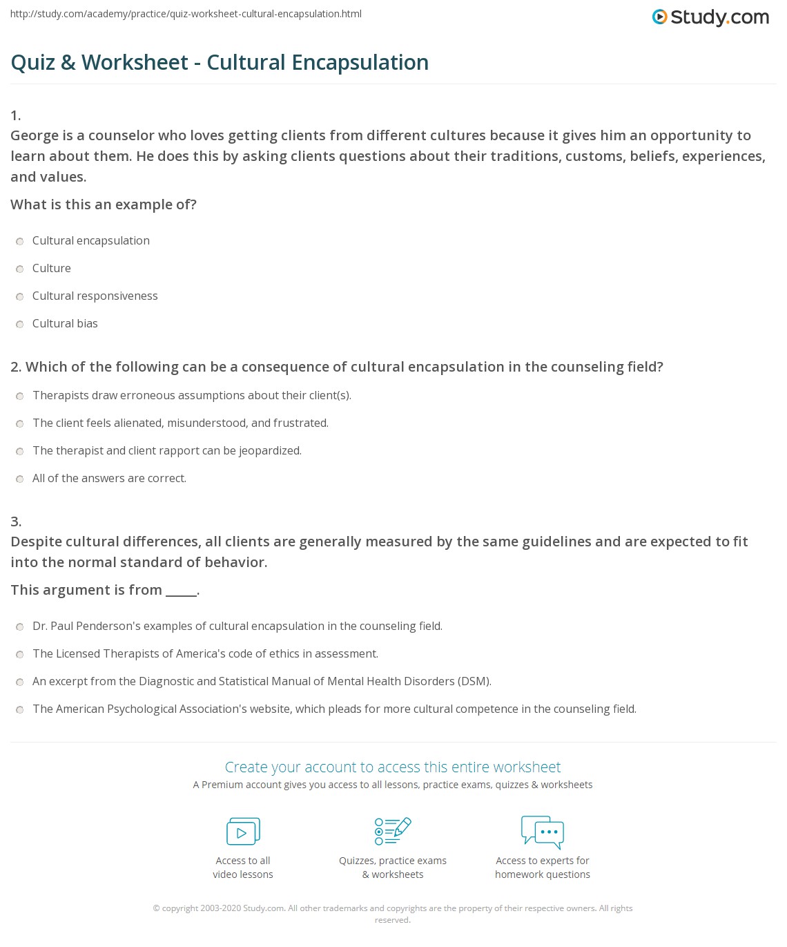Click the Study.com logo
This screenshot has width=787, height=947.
click(x=710, y=17)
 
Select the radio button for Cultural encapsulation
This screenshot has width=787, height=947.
click(x=20, y=241)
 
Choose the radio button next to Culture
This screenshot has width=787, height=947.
click(x=20, y=269)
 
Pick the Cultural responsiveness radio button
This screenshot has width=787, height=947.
click(x=20, y=296)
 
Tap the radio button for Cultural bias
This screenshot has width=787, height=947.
click(x=20, y=324)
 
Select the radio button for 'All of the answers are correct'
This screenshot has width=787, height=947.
click(x=20, y=479)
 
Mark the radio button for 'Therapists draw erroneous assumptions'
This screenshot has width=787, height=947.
click(x=20, y=396)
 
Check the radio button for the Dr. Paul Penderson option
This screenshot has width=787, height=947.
click(x=20, y=626)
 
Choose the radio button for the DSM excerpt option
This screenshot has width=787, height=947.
click(x=20, y=682)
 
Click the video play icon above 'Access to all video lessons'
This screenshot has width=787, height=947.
click(x=243, y=832)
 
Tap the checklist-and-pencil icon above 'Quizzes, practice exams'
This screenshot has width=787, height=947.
click(x=393, y=832)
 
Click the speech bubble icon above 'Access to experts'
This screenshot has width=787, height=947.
click(x=543, y=832)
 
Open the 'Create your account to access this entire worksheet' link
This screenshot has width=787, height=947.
click(x=393, y=767)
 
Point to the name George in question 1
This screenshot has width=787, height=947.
click(x=34, y=135)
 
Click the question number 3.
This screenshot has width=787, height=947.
click(x=16, y=522)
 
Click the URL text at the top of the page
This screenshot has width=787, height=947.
click(x=186, y=14)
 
